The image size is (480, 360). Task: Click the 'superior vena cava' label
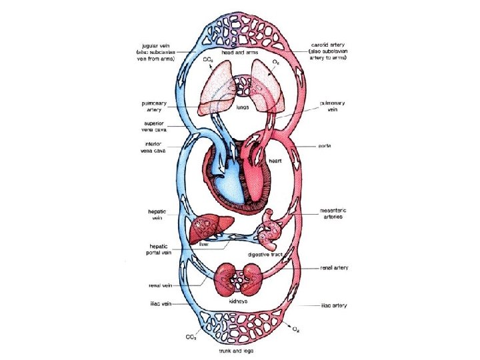(157, 127)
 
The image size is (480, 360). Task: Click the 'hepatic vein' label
(158, 215)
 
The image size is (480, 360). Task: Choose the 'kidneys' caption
(239, 301)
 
